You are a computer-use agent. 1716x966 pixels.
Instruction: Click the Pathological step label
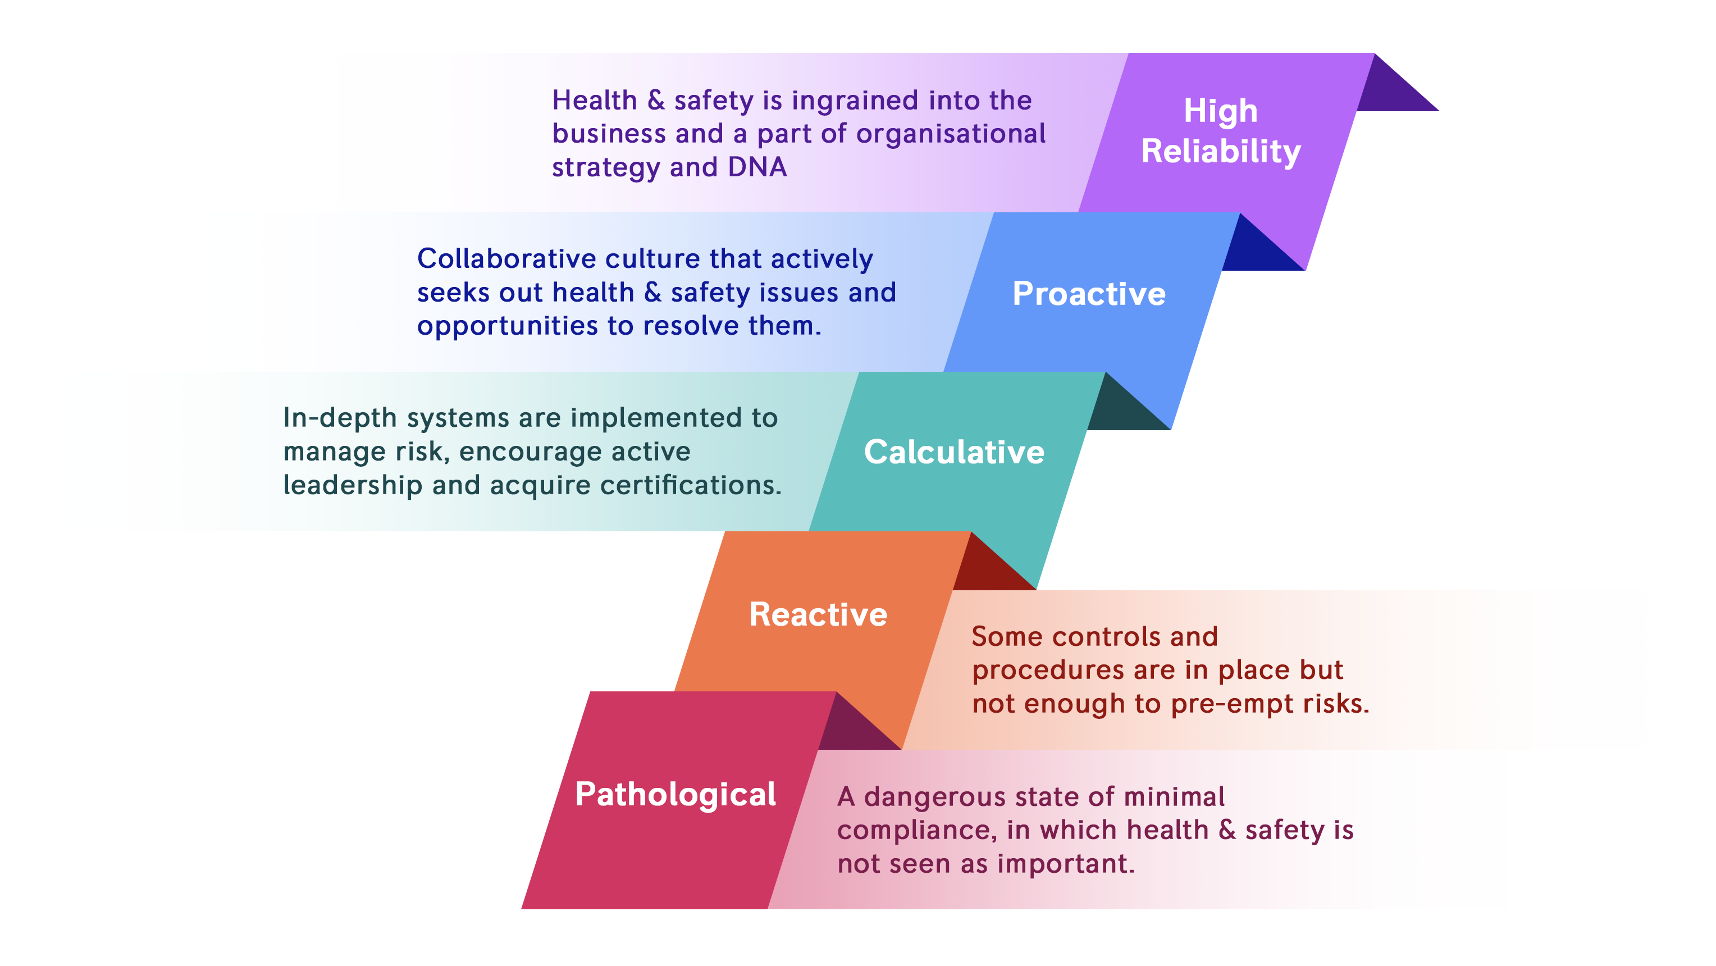click(676, 795)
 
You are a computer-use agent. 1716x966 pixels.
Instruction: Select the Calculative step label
click(954, 452)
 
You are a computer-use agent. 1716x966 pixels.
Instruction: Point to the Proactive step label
click(1089, 294)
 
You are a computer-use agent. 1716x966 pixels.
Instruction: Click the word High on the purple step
click(1220, 111)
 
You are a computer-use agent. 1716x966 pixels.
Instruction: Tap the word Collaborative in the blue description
click(506, 258)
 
